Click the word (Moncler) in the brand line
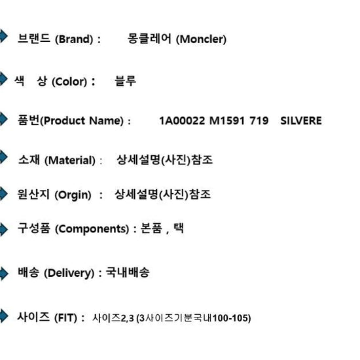point(201,39)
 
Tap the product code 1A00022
point(182,121)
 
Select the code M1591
point(227,121)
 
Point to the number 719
point(259,121)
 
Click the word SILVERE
point(301,121)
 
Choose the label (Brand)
point(74,39)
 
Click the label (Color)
point(69,82)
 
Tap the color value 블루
point(126,81)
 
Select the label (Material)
point(70,160)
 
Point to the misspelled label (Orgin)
point(73,195)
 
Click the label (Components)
point(92,229)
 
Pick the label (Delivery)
point(69,273)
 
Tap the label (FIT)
point(65,318)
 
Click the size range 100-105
point(232,318)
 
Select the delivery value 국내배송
point(128,272)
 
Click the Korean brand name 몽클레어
point(149,39)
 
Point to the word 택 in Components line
point(179,228)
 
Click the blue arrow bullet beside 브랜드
point(3,36)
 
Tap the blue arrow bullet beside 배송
point(4,274)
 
